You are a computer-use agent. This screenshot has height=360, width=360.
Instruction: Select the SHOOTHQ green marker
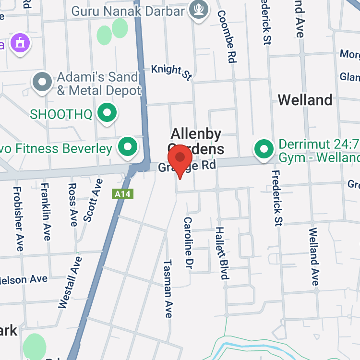[107, 113]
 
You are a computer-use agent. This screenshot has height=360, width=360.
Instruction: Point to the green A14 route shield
[122, 194]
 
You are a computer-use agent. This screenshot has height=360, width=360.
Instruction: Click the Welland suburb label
[305, 100]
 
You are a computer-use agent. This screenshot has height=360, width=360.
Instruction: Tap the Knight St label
[171, 71]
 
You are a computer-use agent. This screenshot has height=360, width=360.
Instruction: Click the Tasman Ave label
[168, 288]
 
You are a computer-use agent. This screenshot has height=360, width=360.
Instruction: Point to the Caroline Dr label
[189, 242]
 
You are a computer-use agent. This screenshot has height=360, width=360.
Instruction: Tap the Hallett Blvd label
[221, 253]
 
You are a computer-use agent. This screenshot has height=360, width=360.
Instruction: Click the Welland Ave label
[314, 257]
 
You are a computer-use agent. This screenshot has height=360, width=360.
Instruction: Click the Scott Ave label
[93, 200]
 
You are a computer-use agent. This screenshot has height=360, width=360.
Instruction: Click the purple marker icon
[21, 43]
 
